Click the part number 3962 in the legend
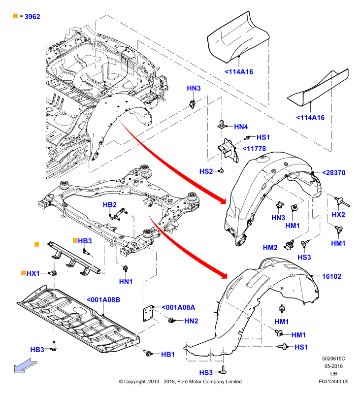(33, 17)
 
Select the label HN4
(241, 127)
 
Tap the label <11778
(254, 149)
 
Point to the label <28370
(333, 173)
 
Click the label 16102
(331, 276)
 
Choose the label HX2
(338, 215)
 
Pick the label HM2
(270, 248)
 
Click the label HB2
(110, 205)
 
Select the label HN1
(126, 281)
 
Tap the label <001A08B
(103, 300)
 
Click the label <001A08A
(178, 307)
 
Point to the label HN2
(191, 321)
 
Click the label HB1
(168, 354)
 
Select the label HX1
(33, 273)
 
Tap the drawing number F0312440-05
(333, 381)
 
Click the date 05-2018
(333, 366)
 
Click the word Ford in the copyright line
(183, 381)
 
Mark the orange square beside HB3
(75, 240)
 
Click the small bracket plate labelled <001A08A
(148, 314)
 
